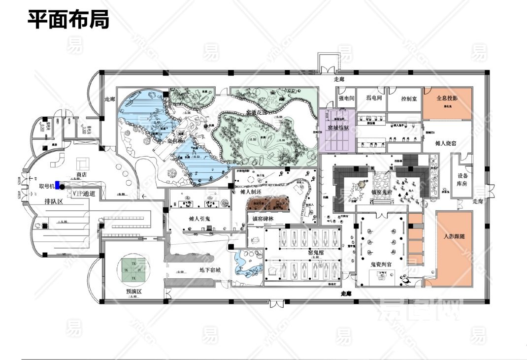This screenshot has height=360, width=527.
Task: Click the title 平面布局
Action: point(67,20)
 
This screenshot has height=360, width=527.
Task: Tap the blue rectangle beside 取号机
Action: point(57,185)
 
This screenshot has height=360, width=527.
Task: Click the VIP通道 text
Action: point(83,194)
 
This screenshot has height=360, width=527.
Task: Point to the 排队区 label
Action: point(53,201)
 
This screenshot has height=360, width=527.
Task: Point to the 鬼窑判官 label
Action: point(381,264)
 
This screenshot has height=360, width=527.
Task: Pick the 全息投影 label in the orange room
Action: point(447,98)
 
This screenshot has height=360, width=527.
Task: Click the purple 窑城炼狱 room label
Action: point(337,128)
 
